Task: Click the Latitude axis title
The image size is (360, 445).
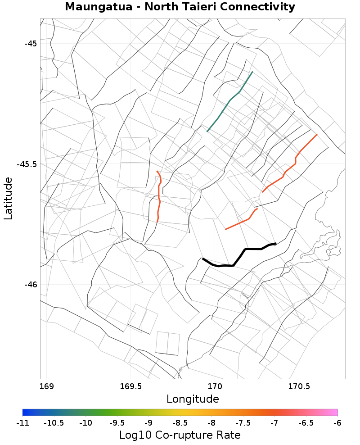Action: point(8,198)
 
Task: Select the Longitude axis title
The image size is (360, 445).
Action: point(193,399)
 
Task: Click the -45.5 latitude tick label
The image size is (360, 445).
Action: point(26,164)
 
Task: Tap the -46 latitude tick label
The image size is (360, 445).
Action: point(30,285)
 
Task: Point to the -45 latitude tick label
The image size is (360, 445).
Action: point(30,44)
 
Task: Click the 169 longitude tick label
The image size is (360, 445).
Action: point(46,386)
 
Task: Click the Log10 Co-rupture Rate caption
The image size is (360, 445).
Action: point(180,435)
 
